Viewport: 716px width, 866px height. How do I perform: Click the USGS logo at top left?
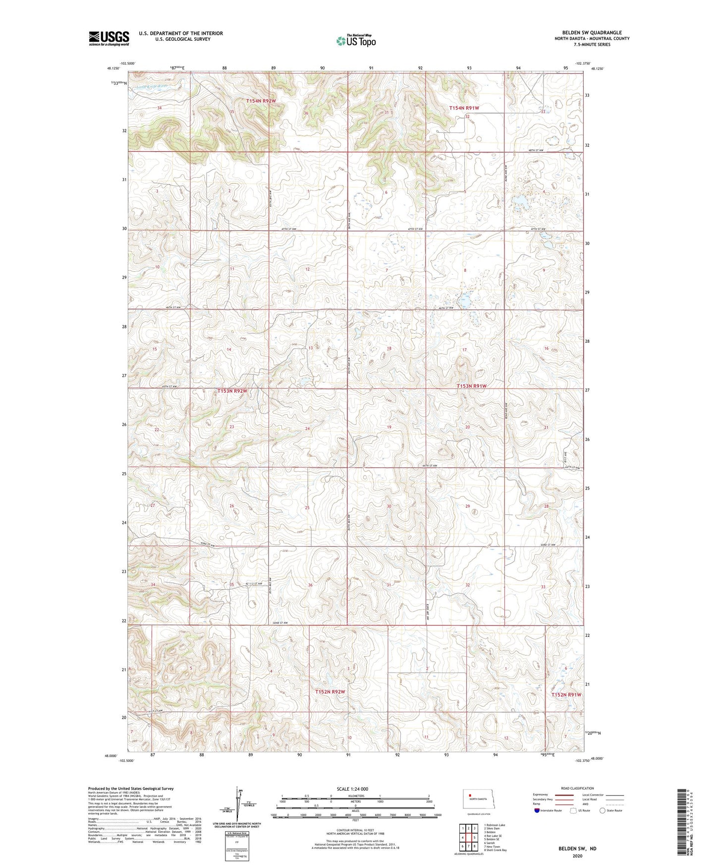coord(109,38)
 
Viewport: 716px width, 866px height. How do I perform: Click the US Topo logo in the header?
coord(356,41)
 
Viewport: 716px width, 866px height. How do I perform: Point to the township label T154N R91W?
coord(464,108)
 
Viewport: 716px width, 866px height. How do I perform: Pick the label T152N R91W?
coord(566,695)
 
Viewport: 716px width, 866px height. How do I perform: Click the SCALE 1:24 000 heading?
coord(352,789)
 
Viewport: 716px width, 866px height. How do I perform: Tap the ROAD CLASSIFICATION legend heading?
coord(577,788)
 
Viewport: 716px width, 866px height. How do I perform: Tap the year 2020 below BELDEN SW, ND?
coord(577,856)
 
